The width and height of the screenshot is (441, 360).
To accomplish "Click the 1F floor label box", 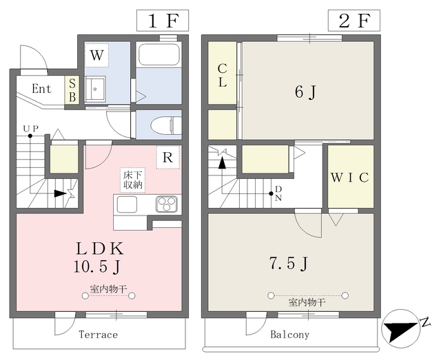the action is coord(163,21).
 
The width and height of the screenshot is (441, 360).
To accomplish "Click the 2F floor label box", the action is coord(354,21).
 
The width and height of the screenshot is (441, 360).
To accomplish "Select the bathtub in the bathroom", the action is coord(159,54).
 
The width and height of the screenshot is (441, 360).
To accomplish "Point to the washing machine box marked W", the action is coord(96,55).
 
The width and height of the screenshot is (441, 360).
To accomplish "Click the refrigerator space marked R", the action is coord(168,158).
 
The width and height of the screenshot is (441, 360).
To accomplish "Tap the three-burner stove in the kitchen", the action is coord(167,204).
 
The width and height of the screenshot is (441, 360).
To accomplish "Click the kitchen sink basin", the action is coord(127,204).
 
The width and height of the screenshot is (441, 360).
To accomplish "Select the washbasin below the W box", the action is coord(95,89).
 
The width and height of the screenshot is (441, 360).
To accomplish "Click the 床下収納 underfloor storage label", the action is coord(133,180).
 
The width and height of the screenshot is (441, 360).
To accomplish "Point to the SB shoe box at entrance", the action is coord(72,90).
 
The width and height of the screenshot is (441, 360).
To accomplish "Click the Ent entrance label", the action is coord(41,89).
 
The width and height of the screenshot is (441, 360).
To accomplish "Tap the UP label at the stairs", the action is coord(30,129).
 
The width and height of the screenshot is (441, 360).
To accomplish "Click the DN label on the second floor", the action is coord(278,193).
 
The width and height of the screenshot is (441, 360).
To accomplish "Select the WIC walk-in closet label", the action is coord(350,178).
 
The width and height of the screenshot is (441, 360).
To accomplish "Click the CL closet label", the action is coord(222,75).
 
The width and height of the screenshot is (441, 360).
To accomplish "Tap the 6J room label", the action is coord(306,92).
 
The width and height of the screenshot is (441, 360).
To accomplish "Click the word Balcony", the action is coord(289,335).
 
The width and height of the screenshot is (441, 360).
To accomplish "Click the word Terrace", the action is coord(98,335).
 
